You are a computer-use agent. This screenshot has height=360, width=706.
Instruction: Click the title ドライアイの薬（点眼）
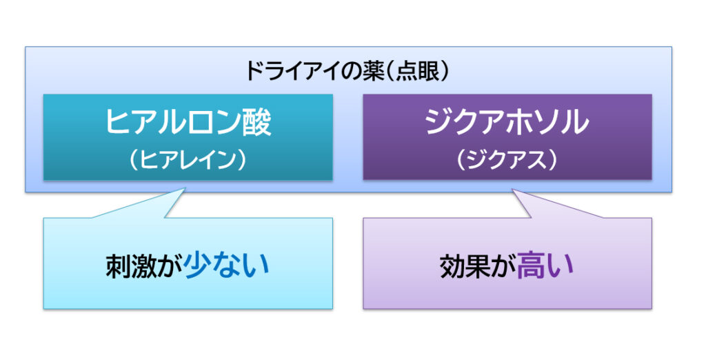[347, 71]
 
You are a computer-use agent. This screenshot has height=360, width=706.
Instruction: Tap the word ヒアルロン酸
[189, 121]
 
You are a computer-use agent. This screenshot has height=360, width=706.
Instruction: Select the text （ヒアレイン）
[188, 159]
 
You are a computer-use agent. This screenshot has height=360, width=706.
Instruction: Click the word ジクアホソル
[507, 121]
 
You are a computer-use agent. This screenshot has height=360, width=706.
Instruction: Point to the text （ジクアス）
[507, 159]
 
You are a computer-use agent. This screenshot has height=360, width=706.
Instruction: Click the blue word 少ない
[226, 265]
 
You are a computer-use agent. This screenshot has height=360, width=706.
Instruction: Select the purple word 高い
[545, 265]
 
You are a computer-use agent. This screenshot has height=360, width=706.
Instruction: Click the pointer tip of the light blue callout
[185, 189]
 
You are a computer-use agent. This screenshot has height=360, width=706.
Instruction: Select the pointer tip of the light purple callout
[513, 190]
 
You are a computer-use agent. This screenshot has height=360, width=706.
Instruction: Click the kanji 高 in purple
[530, 265]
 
